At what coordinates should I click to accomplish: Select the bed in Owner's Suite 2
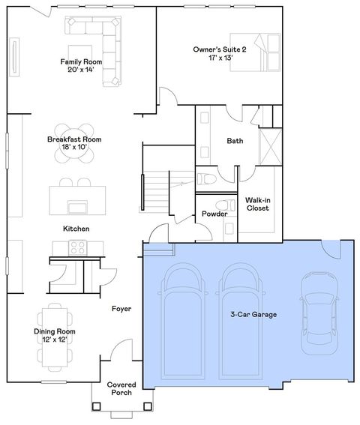[256, 51]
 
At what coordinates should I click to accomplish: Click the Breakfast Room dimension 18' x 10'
[73, 148]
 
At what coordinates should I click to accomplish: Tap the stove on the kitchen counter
[76, 247]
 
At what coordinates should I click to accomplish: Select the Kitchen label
[76, 228]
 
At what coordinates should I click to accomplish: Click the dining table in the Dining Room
[53, 336]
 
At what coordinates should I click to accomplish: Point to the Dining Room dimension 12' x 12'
[55, 340]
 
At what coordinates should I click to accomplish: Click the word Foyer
[121, 308]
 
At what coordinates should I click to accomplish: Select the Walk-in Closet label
[258, 204]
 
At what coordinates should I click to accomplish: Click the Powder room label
[214, 214]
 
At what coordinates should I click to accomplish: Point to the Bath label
[235, 140]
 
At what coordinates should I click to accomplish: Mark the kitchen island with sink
[76, 200]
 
